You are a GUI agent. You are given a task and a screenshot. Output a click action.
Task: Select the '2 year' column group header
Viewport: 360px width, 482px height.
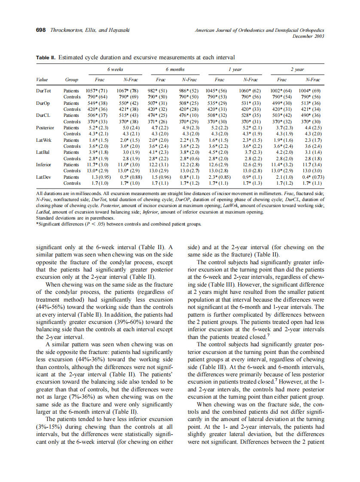tap(297, 69)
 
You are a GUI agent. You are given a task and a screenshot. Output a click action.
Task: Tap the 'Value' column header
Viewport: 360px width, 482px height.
tap(42, 79)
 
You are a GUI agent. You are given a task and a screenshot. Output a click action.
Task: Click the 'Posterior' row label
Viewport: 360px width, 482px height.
tap(45, 128)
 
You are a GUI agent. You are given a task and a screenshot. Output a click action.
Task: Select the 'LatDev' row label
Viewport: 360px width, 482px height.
tap(44, 177)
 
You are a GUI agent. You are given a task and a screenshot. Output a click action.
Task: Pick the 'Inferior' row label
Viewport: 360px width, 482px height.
tap(43, 165)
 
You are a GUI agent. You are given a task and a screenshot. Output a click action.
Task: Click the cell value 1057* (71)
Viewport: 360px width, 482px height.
tap(96, 91)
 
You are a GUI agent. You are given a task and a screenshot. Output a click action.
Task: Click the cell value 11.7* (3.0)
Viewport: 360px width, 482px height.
tap(96, 165)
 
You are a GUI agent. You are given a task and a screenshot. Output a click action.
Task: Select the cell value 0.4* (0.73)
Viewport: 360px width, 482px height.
tap(313, 177)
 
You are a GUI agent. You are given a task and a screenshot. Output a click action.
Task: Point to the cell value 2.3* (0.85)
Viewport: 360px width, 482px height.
tap(220, 177)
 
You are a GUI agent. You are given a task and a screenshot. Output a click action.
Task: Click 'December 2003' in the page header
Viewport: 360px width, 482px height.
tap(308, 36)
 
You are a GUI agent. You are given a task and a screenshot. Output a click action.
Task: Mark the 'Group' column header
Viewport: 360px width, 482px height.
tap(71, 79)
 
